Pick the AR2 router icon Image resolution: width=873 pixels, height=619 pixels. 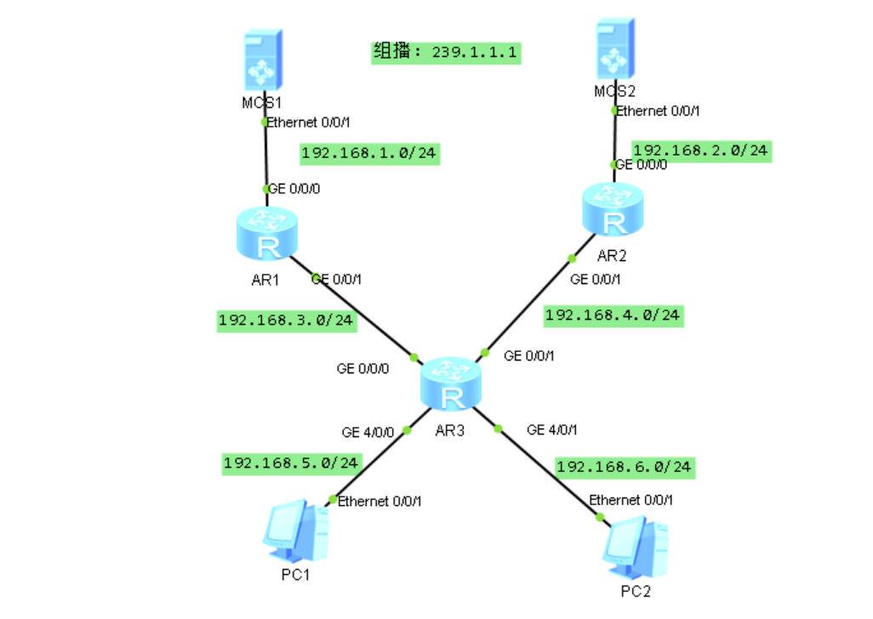point(613,209)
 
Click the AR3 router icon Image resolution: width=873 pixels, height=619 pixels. point(451,386)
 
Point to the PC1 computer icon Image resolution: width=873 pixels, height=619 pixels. point(295,533)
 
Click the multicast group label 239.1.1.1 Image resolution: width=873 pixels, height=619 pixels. point(446,52)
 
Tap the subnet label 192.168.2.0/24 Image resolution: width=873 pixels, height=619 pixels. point(700,151)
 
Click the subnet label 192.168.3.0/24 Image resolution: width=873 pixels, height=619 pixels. point(287,321)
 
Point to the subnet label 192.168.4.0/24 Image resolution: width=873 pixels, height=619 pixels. point(613,315)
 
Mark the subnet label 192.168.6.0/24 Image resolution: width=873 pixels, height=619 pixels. point(625,467)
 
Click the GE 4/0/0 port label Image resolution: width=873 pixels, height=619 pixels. point(368,432)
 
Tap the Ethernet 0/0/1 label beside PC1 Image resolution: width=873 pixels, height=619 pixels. point(379,502)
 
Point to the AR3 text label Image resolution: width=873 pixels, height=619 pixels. point(449,430)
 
